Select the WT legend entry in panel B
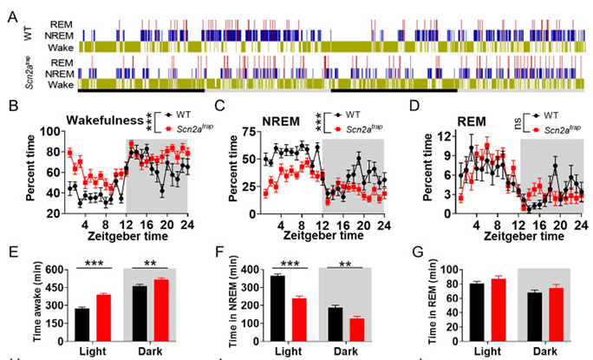point(183,114)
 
